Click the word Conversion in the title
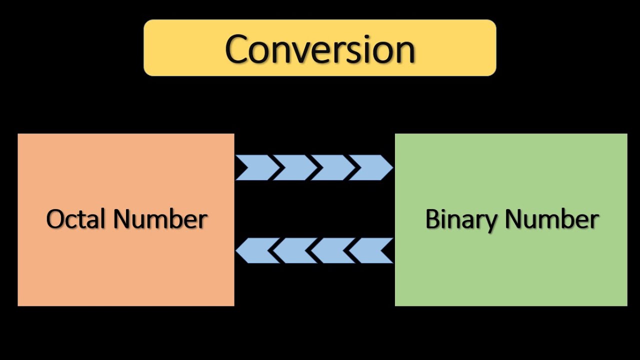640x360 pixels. pos(320,49)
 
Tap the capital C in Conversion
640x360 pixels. pos(238,49)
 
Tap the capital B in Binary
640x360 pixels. pos(432,219)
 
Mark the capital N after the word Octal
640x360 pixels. pos(122,219)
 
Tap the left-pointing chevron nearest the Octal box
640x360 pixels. pos(256,250)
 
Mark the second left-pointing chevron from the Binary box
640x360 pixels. pos(334,250)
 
